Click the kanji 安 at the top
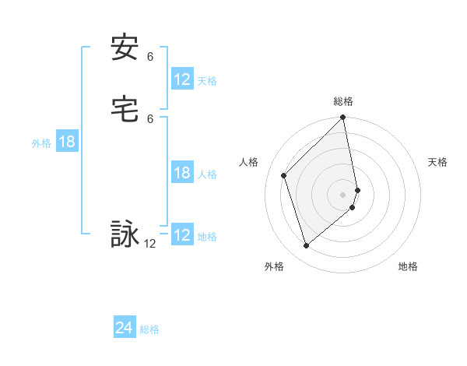click(125, 48)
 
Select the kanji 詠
click(125, 234)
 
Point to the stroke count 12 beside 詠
click(150, 244)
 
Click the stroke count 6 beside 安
click(150, 57)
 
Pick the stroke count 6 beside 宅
click(150, 118)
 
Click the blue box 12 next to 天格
click(182, 79)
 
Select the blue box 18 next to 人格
click(182, 173)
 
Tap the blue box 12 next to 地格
click(182, 235)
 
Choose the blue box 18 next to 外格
click(66, 142)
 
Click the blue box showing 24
click(125, 328)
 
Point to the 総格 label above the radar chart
click(343, 101)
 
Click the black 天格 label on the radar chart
click(437, 162)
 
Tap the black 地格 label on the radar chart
click(408, 266)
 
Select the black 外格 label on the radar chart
click(274, 266)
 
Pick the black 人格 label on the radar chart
click(249, 162)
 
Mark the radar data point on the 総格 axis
click(343, 118)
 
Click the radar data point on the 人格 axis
click(284, 175)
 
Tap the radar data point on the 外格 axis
click(307, 245)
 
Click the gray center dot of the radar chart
click(343, 194)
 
